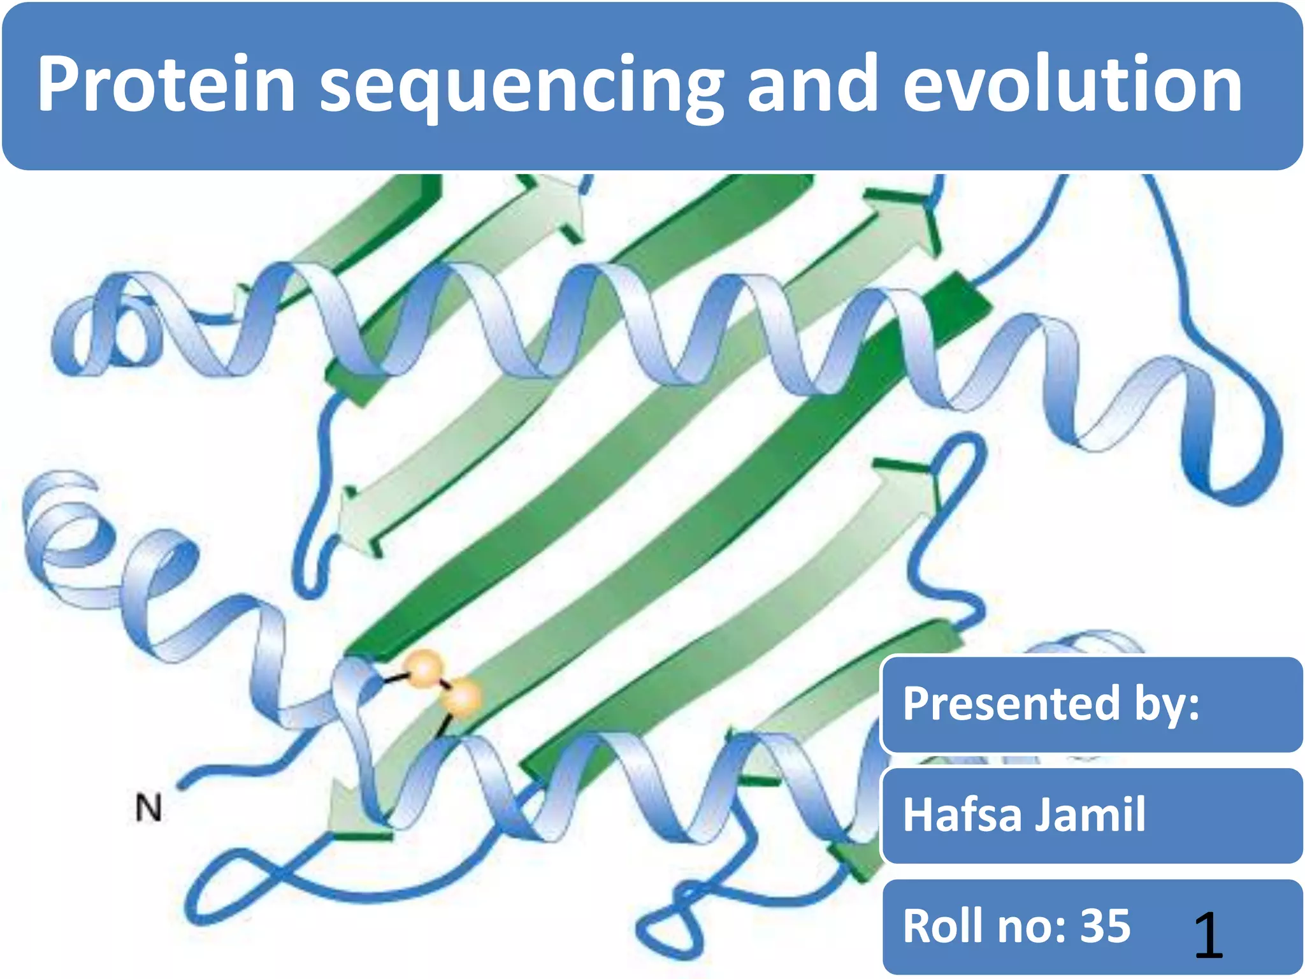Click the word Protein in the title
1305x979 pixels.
[166, 84]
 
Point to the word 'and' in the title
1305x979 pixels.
[812, 84]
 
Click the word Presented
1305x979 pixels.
[1011, 704]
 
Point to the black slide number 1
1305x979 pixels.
[1208, 935]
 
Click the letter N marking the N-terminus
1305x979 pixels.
[149, 808]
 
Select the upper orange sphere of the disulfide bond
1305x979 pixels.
[424, 670]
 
